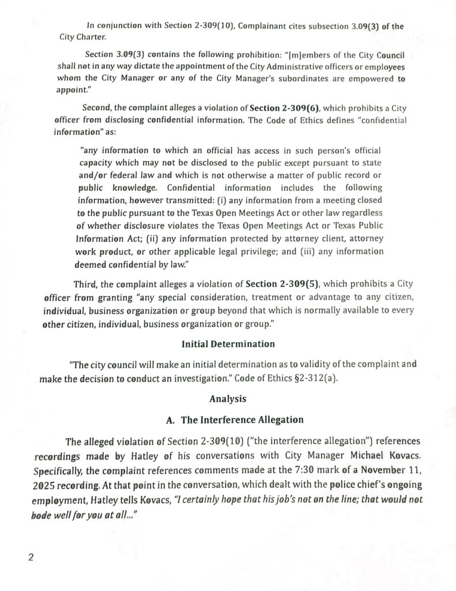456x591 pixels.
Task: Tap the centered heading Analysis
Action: pos(228,398)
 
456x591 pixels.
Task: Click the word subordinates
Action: pos(274,80)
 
